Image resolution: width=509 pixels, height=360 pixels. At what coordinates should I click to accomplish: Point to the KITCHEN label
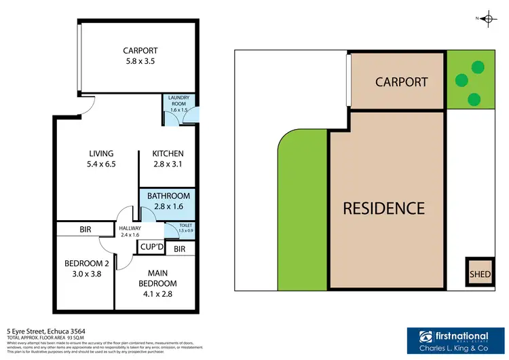click(168, 154)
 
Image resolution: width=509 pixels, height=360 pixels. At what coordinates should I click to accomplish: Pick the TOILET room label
click(185, 226)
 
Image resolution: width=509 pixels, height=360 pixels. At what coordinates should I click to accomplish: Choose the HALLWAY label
click(131, 229)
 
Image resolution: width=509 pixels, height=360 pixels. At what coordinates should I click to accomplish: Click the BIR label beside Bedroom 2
click(85, 230)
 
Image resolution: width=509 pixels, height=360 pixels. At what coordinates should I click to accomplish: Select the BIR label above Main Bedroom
click(179, 249)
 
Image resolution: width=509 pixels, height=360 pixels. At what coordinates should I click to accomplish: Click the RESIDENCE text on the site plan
click(383, 208)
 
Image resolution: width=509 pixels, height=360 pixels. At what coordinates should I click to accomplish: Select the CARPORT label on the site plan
click(402, 82)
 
